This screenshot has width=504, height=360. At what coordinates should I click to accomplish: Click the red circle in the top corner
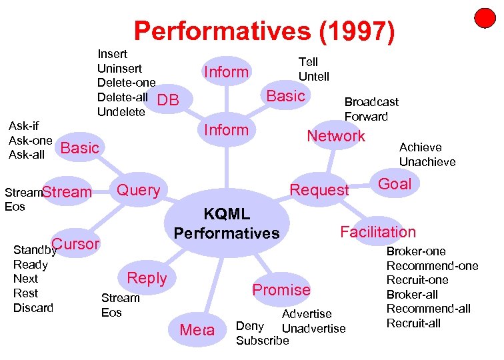(x=485, y=18)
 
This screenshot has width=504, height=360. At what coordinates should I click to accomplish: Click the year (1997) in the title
(x=357, y=31)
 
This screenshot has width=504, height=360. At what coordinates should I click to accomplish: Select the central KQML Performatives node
(x=227, y=224)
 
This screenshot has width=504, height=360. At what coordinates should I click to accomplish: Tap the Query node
(x=139, y=191)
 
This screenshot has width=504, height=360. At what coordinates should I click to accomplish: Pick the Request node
(x=319, y=191)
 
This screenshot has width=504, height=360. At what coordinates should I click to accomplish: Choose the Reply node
(x=147, y=279)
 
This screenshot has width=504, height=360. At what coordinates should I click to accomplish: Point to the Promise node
(x=281, y=290)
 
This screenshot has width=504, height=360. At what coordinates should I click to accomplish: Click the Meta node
(x=197, y=329)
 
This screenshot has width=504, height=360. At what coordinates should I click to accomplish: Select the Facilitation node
(x=378, y=232)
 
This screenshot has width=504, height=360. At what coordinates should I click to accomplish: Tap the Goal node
(x=395, y=184)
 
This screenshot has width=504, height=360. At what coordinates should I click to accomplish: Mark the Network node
(x=336, y=136)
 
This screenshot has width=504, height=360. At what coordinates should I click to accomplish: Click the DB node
(x=169, y=100)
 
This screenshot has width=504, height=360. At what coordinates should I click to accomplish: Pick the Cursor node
(x=75, y=244)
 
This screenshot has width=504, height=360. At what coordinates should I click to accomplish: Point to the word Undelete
(x=121, y=112)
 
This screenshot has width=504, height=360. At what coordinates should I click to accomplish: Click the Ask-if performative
(x=23, y=126)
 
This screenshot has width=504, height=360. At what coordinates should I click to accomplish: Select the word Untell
(x=313, y=77)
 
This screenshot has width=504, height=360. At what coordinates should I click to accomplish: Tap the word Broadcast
(x=371, y=102)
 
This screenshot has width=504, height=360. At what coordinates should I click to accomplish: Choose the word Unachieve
(x=427, y=162)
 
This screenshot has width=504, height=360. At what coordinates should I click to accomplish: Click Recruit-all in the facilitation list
(x=414, y=323)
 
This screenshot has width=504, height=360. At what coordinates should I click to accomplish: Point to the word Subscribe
(x=263, y=341)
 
